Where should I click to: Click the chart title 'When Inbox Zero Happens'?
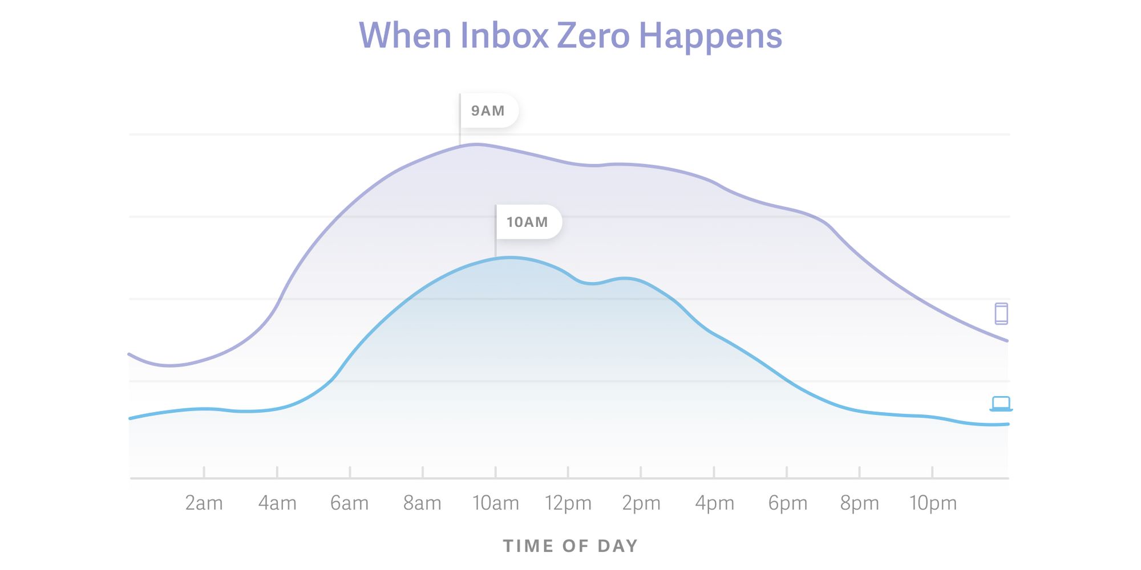570,36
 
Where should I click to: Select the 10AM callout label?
528,222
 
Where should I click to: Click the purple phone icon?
1001,313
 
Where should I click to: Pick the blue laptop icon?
1001,404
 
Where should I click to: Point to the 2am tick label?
204,503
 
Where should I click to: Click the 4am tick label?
277,503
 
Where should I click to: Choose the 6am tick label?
350,503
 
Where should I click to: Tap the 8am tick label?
423,503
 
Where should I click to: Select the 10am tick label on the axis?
496,503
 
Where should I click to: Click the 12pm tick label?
568,503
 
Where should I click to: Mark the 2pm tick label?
641,503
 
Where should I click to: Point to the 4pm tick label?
714,503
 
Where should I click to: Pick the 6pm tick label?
787,503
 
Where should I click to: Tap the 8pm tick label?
860,503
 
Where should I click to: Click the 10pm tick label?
933,503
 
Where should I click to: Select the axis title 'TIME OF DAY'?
570,546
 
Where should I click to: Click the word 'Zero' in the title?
593,36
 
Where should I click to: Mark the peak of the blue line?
509,258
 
